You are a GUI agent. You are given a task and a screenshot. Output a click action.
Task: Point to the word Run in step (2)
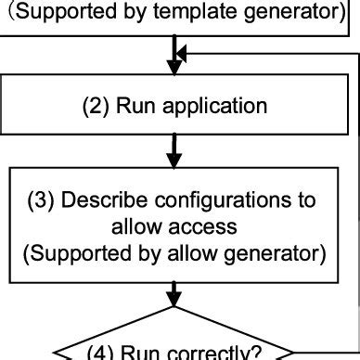[136, 106]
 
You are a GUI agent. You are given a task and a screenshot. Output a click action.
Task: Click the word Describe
[109, 201]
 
